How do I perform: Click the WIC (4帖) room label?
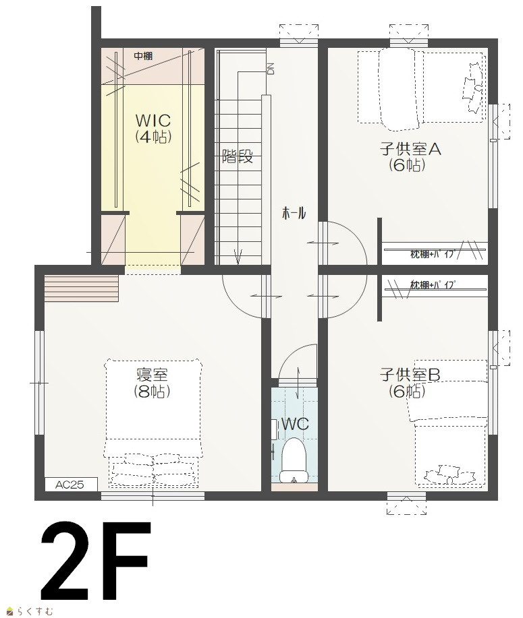tap(153, 127)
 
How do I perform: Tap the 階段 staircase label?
tap(238, 156)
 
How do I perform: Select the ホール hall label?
tap(294, 214)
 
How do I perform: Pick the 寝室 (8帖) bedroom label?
tap(153, 382)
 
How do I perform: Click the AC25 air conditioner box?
tap(71, 485)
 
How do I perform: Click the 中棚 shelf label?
tap(143, 56)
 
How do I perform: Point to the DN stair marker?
tap(271, 69)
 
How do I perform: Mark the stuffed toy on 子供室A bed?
tap(473, 88)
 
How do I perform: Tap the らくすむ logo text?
tap(34, 611)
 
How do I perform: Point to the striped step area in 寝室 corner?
tap(81, 288)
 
